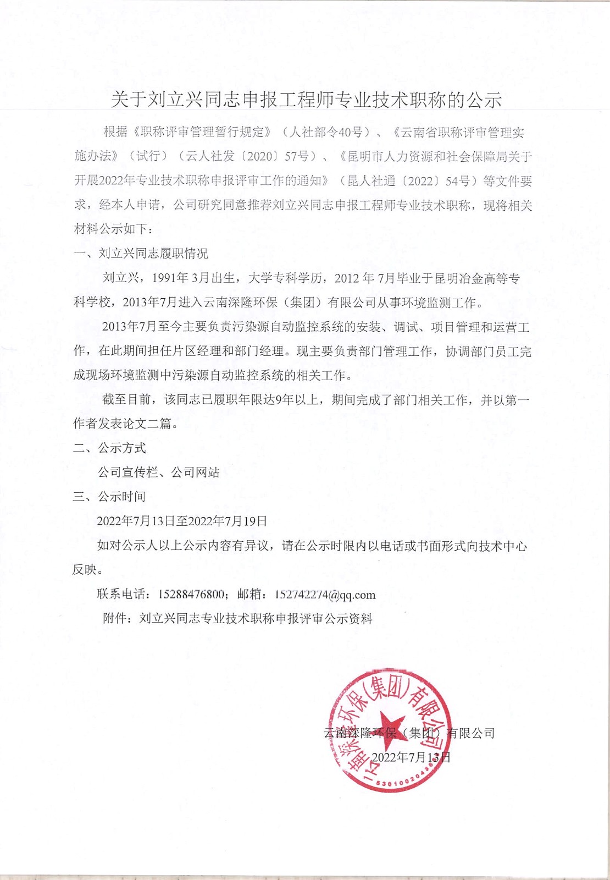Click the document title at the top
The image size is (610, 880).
tap(306, 100)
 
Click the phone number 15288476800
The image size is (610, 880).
tap(191, 594)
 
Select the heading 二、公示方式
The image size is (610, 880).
tap(109, 448)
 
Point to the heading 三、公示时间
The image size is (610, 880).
tap(109, 496)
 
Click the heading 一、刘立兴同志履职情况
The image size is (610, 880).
tap(141, 254)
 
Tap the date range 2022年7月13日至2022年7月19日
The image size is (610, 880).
tap(182, 521)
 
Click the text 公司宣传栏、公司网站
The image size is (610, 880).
tap(158, 472)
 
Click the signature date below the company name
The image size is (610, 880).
tap(411, 757)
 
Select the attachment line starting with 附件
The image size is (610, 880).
tap(237, 618)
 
